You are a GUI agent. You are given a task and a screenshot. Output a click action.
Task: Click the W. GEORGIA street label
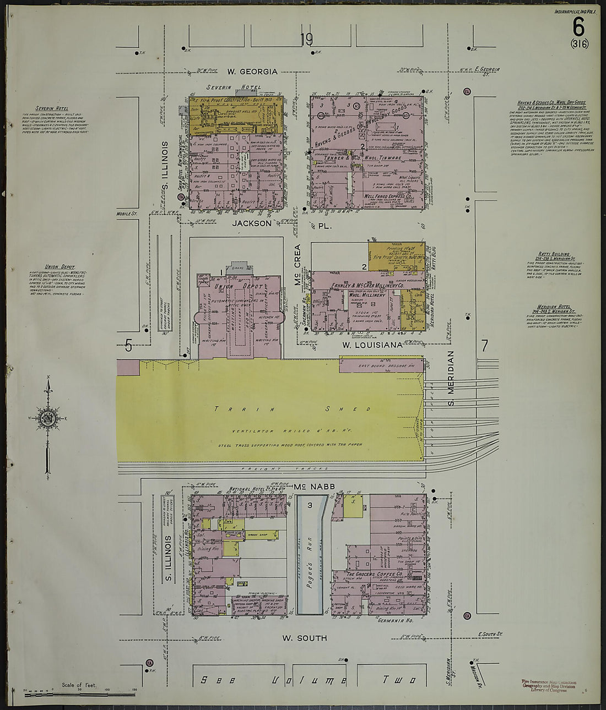252,72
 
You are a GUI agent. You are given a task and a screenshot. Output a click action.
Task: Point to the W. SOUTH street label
305,638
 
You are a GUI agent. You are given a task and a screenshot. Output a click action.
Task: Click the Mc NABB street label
307,487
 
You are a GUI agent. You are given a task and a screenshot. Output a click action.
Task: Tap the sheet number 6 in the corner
578,25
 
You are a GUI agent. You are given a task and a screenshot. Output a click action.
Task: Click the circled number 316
580,44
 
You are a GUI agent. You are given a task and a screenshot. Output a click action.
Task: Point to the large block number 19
306,40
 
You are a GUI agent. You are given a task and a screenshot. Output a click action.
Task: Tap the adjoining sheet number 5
128,346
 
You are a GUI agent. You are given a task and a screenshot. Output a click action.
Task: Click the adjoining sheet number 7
484,346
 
